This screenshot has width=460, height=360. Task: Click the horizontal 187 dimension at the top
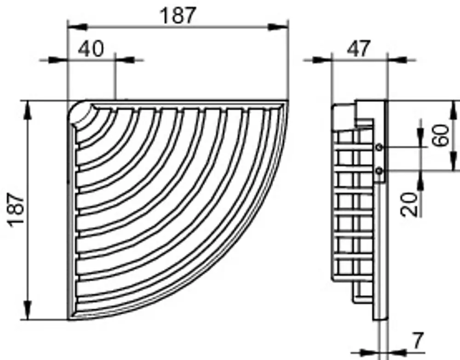[178, 16]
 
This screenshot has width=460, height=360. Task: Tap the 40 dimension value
[91, 49]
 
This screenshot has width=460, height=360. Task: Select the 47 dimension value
[358, 49]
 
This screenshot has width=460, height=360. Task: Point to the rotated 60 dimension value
[441, 135]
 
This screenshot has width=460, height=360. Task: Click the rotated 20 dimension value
[409, 204]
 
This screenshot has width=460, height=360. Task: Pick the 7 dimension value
[418, 341]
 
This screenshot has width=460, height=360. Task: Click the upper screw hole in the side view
[379, 147]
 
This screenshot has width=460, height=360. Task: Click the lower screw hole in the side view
[379, 170]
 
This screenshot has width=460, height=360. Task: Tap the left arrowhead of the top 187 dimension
[77, 27]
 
